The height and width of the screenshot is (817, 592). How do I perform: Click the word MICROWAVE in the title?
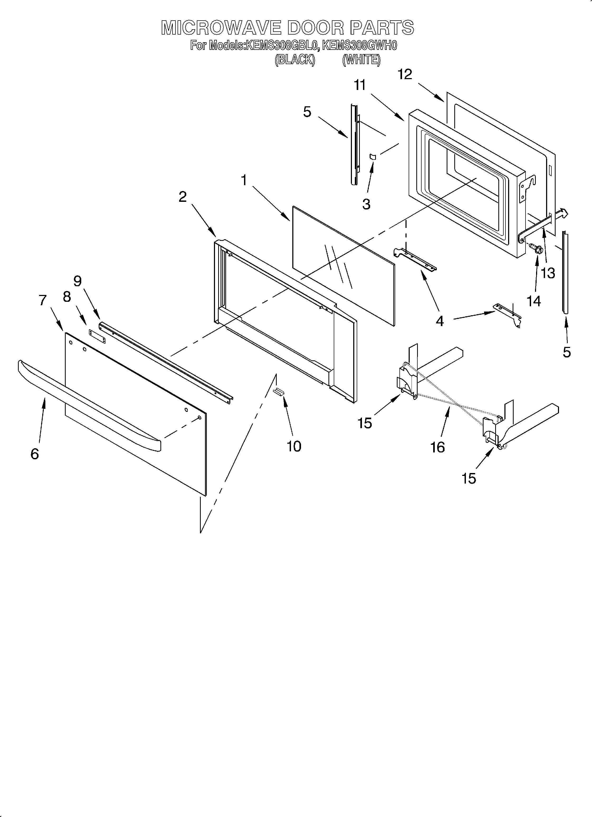(x=221, y=27)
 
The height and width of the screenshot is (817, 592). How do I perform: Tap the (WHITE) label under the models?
(x=361, y=59)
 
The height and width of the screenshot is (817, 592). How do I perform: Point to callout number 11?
(x=360, y=85)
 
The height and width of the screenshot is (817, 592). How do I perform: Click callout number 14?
(x=534, y=301)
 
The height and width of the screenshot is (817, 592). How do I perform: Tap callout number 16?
(x=437, y=447)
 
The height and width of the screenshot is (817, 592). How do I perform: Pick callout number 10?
(x=294, y=446)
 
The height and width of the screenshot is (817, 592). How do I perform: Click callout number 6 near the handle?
(x=35, y=454)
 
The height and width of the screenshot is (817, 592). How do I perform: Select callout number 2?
(x=183, y=197)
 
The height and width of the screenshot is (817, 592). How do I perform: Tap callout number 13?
(x=548, y=273)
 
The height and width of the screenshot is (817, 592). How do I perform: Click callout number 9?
(x=78, y=281)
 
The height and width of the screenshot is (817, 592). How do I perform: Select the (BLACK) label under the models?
(x=295, y=59)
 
